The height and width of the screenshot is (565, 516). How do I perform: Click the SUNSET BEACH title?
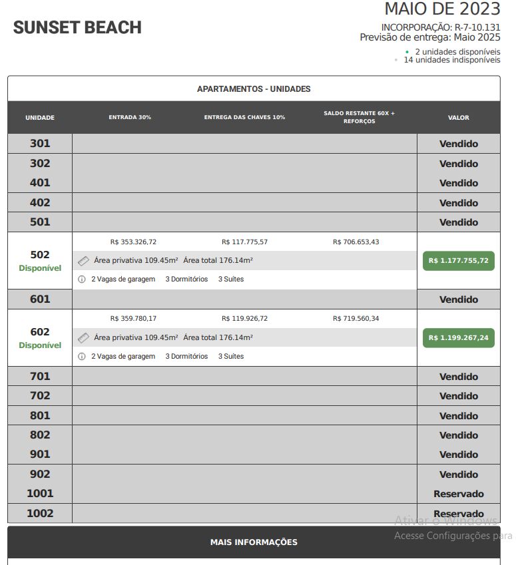[x=77, y=28]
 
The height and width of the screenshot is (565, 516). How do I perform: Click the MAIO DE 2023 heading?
[x=442, y=9]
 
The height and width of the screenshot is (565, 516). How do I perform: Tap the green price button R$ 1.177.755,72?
[x=458, y=261]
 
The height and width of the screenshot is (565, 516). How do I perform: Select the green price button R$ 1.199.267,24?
[x=458, y=338]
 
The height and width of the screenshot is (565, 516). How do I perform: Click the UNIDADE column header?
[x=40, y=118]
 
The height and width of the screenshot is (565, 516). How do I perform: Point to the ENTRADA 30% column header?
[x=130, y=117]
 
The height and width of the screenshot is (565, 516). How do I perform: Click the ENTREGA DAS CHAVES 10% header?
[x=244, y=117]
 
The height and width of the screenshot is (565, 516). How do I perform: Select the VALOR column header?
[x=458, y=118]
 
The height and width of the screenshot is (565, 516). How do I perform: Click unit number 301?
[x=40, y=144]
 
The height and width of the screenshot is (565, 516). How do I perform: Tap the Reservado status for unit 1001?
[x=458, y=494]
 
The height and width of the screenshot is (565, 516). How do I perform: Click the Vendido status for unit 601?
[x=458, y=299]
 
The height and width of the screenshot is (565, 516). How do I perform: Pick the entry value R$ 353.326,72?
[x=134, y=242]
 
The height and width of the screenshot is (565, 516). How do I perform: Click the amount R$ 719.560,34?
[x=356, y=319]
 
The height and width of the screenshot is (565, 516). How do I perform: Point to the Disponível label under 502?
[x=40, y=268]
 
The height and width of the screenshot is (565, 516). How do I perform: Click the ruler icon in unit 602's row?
[x=83, y=338]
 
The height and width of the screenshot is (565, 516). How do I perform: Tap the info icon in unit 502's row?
[x=82, y=280]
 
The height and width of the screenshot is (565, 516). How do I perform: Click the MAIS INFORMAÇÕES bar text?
[x=254, y=542]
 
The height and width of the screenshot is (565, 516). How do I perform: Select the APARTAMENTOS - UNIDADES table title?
[x=254, y=89]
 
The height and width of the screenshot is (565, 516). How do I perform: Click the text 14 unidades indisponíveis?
[x=451, y=60]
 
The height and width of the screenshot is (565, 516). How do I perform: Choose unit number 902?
[x=40, y=474]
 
